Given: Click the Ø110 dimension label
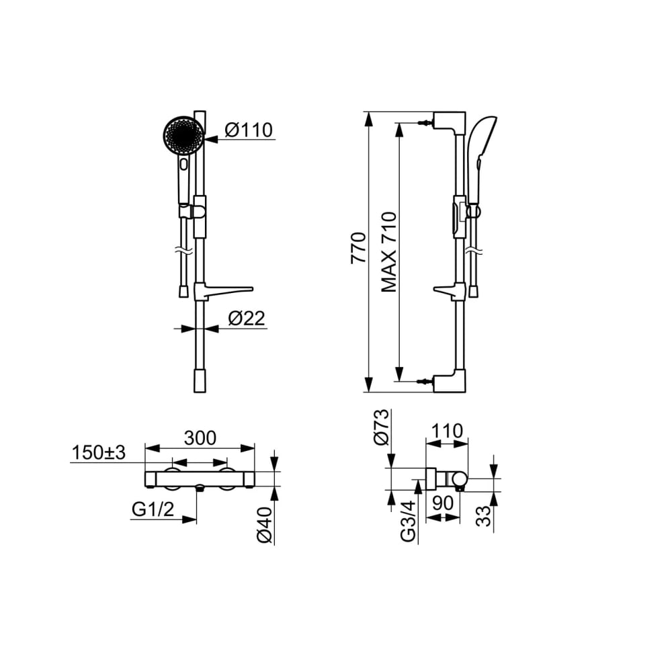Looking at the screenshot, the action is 249,130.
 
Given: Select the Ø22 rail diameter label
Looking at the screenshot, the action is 247,319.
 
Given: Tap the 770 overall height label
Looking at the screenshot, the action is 358,248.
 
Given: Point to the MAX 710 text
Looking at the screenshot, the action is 389,252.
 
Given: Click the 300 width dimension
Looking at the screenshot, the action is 200,438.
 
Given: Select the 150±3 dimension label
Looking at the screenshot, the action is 99,452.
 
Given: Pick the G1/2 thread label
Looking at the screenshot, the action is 153,509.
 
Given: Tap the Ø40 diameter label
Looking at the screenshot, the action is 265,525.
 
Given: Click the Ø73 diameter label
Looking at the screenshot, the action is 381,427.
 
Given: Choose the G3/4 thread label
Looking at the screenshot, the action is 408,521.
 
